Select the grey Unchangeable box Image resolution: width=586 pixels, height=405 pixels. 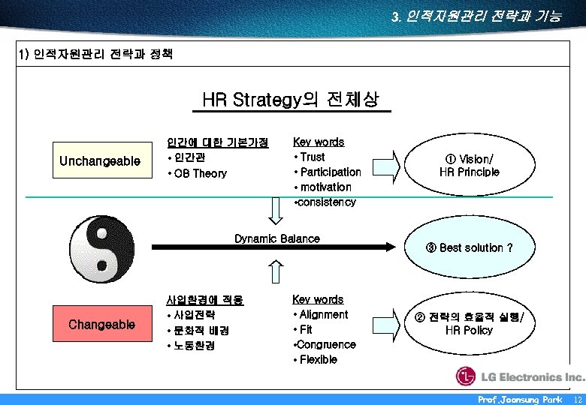100,161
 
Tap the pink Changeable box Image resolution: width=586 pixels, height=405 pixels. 101,325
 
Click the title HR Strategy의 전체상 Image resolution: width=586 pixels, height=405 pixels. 291,100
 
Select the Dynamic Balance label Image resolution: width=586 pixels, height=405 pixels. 276,238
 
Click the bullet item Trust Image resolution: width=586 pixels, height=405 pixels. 311,157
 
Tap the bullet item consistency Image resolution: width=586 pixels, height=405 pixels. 326,202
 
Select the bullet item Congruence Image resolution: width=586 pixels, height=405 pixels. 325,344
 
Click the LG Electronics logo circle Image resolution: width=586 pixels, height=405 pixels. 467,376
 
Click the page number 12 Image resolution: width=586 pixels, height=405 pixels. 575,400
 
